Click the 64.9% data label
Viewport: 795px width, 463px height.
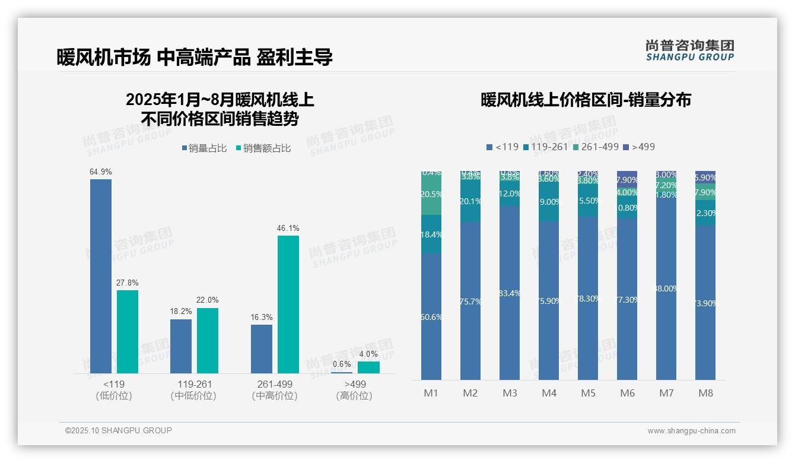[x=101, y=172]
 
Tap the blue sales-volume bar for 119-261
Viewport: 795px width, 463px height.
[x=181, y=346]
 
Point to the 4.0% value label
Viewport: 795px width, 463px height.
[x=368, y=354]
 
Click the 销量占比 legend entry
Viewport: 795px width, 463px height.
[x=204, y=148]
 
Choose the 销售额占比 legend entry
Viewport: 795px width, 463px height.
[x=263, y=148]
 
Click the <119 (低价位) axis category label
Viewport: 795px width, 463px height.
[x=114, y=390]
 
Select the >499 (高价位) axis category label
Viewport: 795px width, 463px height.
[x=354, y=390]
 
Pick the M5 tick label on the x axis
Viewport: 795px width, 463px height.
[x=588, y=393]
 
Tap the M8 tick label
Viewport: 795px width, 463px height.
[x=705, y=393]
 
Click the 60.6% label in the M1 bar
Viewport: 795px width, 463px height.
[x=431, y=317]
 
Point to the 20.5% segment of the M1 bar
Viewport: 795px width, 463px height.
[x=431, y=194]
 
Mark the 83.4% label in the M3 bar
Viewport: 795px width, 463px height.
[x=510, y=293]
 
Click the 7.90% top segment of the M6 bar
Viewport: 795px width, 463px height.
[x=627, y=179]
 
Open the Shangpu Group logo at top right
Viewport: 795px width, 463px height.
[x=689, y=50]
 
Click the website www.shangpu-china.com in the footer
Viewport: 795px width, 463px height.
[x=691, y=431]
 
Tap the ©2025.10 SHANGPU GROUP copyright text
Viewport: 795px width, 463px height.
[x=119, y=430]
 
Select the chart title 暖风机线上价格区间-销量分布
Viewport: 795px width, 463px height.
[x=586, y=100]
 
